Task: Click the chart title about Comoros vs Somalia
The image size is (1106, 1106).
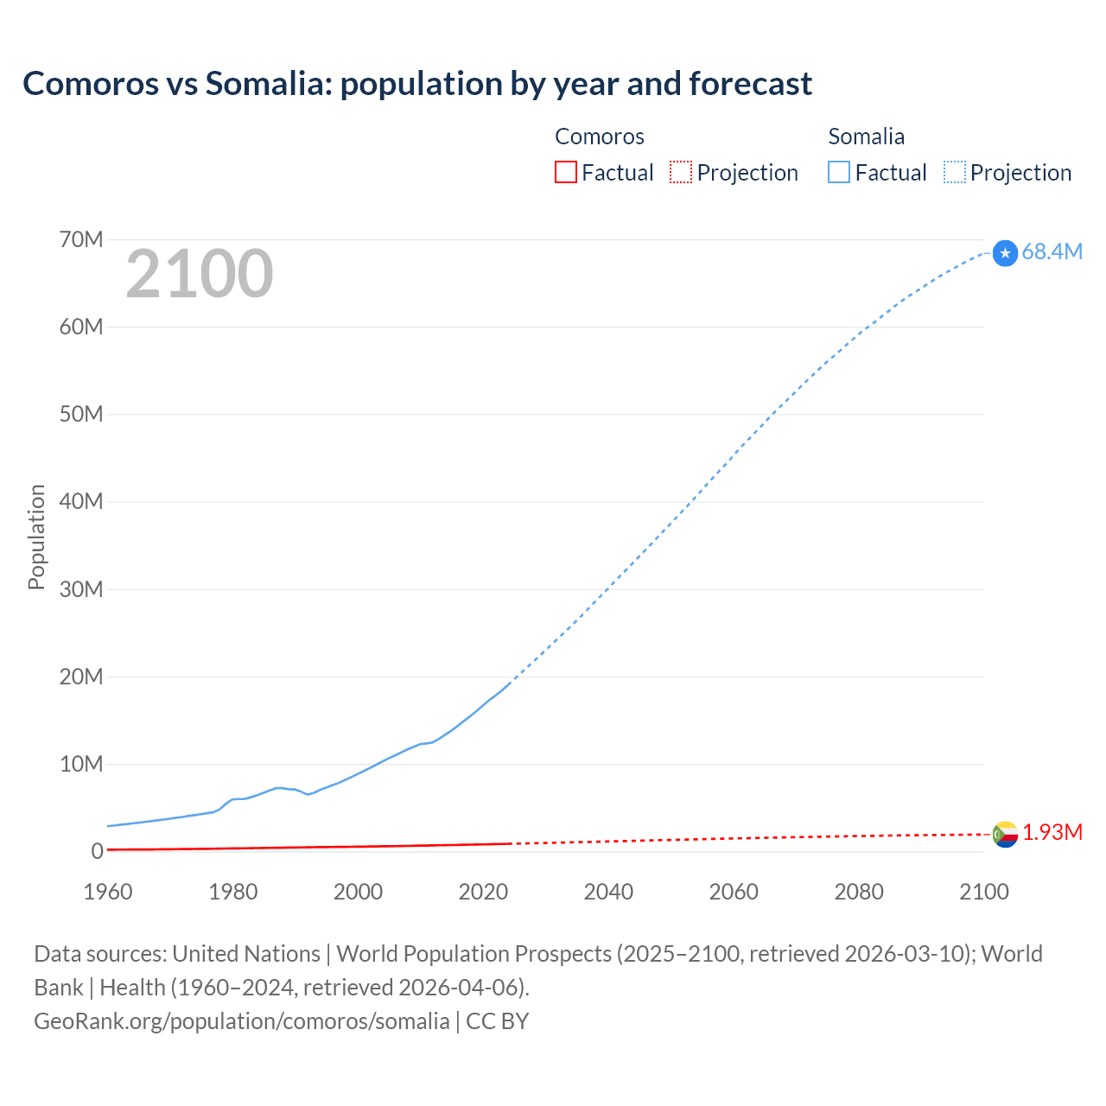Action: tap(417, 84)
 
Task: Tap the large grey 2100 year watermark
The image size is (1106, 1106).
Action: tap(200, 274)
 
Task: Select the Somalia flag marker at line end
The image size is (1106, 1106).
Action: tap(1005, 253)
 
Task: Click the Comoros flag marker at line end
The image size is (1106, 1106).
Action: tap(1005, 834)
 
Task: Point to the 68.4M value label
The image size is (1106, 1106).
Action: tap(1052, 251)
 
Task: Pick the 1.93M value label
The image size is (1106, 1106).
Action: tap(1052, 832)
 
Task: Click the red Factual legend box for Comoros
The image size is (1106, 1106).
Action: tap(566, 172)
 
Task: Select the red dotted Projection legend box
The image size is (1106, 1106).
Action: tap(681, 172)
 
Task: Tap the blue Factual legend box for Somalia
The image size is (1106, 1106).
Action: tap(839, 172)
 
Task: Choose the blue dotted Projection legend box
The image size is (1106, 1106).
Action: tap(955, 172)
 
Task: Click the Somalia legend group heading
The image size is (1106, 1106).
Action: tap(866, 137)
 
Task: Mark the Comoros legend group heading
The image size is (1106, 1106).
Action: tap(600, 137)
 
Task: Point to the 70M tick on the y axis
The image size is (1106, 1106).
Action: tap(81, 239)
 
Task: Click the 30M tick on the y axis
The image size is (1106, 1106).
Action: tap(81, 589)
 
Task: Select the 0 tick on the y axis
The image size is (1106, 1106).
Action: tap(97, 851)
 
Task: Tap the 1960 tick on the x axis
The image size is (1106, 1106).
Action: tap(108, 892)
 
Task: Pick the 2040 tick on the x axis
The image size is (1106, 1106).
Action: tap(608, 892)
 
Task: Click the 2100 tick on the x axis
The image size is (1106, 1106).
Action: tap(983, 892)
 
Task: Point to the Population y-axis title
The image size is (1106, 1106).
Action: tap(36, 537)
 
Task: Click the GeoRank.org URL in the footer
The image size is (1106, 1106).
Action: tap(242, 1021)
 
